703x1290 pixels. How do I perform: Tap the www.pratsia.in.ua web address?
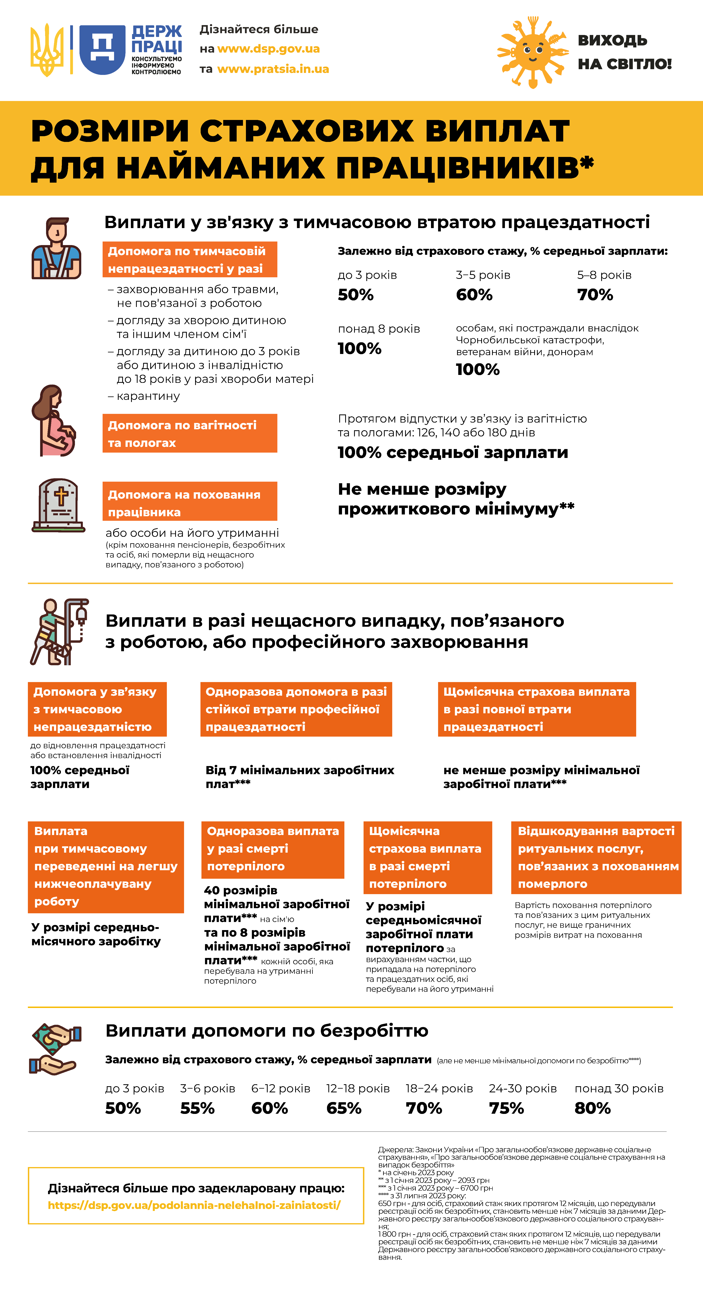point(273,69)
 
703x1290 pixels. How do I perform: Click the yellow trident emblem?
point(48,50)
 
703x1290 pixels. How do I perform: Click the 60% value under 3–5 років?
point(474,295)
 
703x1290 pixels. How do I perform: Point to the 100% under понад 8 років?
point(359,349)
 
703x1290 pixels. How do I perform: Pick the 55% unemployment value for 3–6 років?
point(197,1108)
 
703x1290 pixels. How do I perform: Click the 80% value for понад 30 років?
point(592,1108)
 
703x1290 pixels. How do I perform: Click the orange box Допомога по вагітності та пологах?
point(190,433)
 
